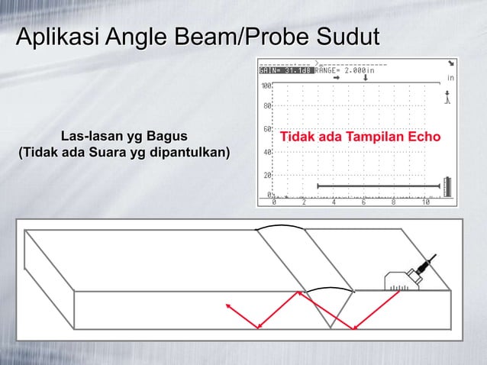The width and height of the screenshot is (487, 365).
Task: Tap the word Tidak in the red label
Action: tap(298, 138)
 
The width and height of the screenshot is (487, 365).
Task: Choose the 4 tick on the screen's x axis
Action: tap(334, 203)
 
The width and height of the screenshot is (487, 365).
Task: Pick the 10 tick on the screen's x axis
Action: tap(425, 203)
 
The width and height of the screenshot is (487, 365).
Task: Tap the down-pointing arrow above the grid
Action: tap(367, 77)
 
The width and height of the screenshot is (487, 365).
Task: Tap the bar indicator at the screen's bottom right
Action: tap(447, 187)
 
